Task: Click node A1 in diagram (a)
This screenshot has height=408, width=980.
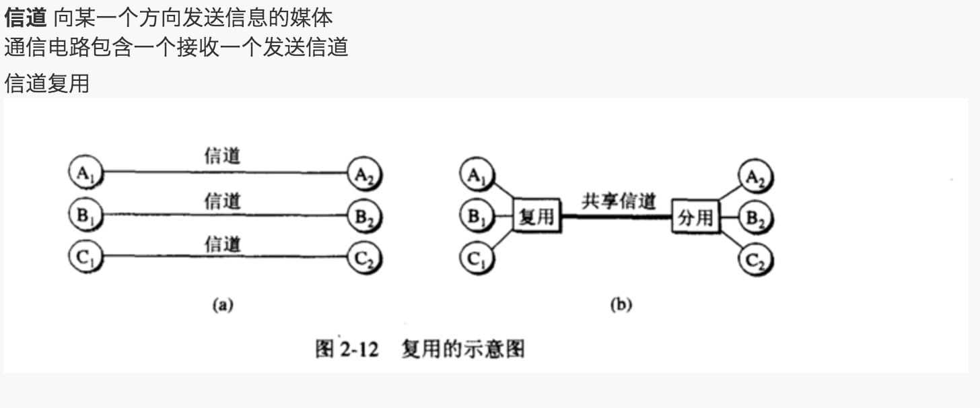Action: pos(85,173)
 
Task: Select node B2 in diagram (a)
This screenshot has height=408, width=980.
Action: pos(364,217)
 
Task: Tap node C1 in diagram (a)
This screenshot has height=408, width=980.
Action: pos(85,257)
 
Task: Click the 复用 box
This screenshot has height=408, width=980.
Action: pos(536,217)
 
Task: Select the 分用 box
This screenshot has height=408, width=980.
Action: pos(695,218)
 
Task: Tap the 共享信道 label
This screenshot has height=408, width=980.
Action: pos(618,202)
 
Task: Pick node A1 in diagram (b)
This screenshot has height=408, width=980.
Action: pos(477,177)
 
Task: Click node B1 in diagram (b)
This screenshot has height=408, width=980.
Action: pos(477,217)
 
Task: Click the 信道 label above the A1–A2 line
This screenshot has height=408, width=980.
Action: pos(223,156)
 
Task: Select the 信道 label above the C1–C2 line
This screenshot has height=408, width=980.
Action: pos(223,244)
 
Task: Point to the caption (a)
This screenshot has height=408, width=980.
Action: pos(222,305)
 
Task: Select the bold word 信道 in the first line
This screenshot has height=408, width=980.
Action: pos(24,16)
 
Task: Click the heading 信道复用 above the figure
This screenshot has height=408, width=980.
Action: pos(46,84)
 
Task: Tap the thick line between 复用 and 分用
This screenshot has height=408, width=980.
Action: pos(616,217)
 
